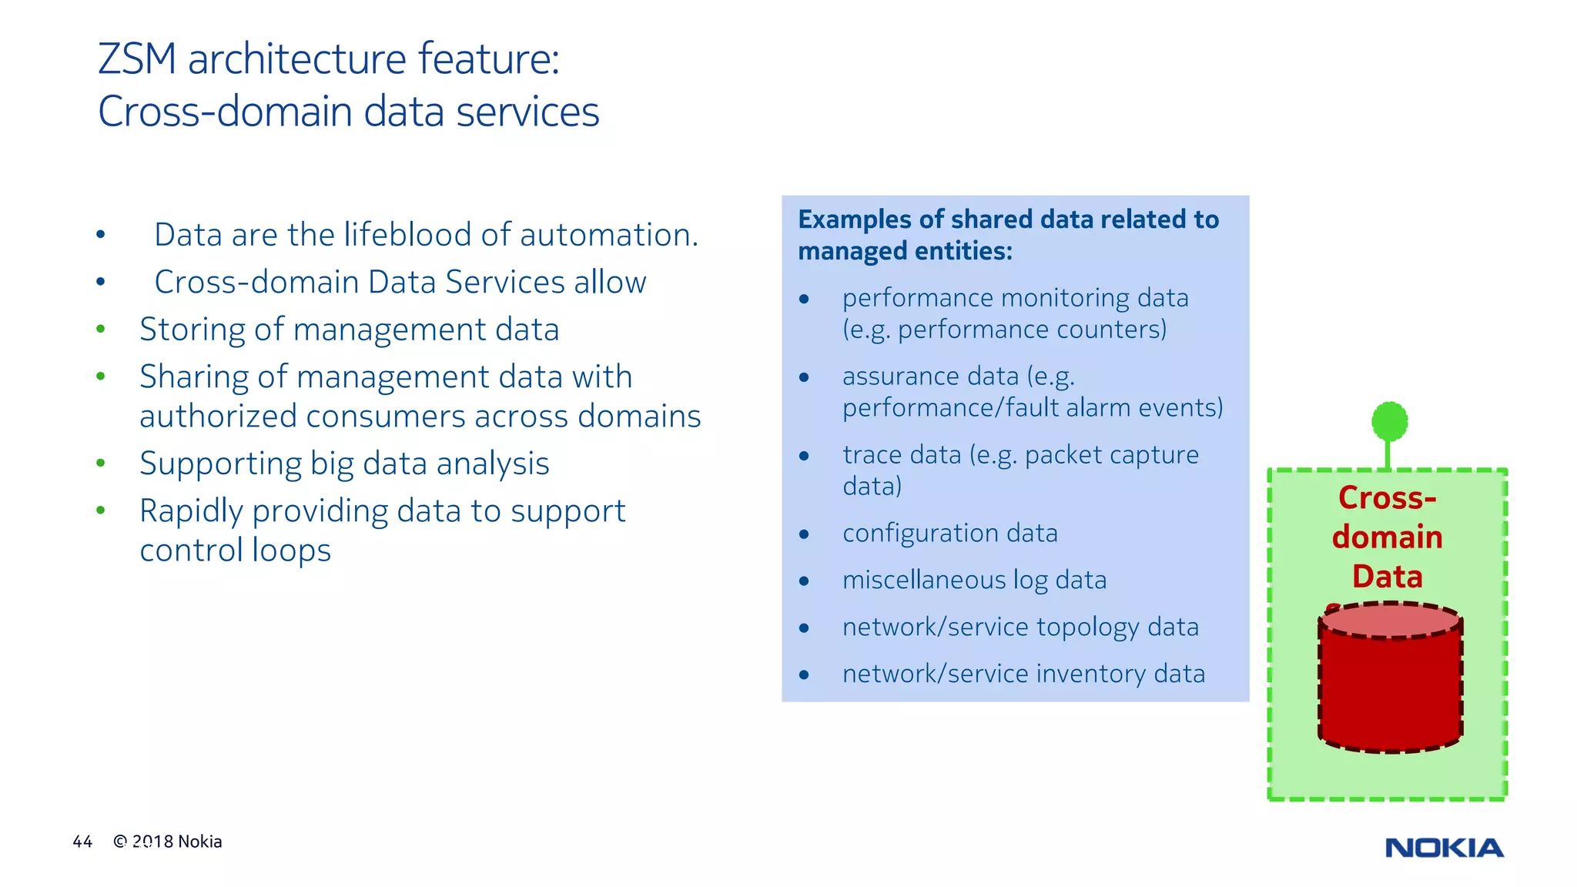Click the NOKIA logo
[1444, 848]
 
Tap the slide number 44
[82, 842]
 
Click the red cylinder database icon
[1390, 681]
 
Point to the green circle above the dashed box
[1389, 422]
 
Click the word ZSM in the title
[137, 59]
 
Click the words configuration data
[949, 533]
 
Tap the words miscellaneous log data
[974, 580]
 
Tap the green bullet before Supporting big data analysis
[100, 464]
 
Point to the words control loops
[235, 551]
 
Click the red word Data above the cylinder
[1387, 577]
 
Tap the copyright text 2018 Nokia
[176, 842]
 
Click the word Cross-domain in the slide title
[225, 112]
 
